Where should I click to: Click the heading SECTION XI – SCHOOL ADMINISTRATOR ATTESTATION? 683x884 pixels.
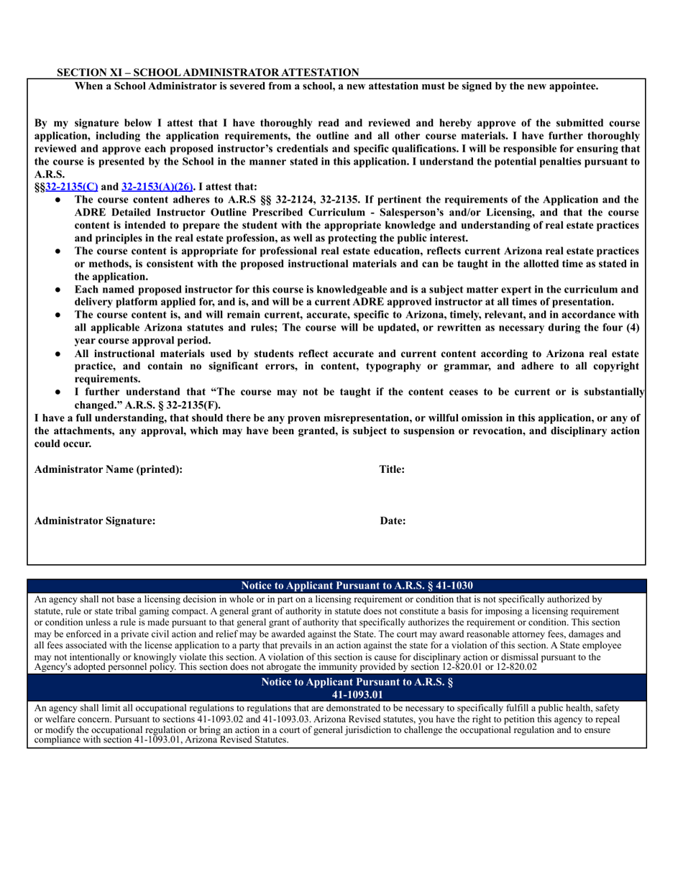(208, 73)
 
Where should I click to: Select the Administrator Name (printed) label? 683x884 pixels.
(109, 469)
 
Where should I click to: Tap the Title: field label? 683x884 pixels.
(393, 469)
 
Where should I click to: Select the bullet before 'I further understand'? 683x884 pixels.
(58, 393)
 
